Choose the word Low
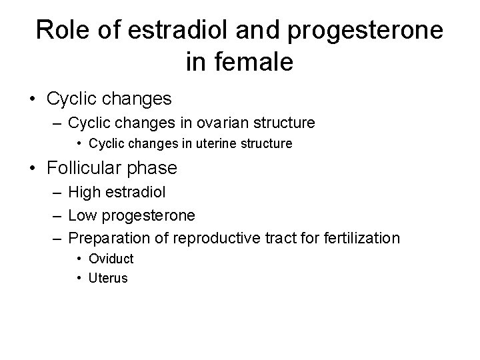pos(82,215)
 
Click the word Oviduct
pos(111,259)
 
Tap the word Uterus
pos(108,278)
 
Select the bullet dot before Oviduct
pos(79,259)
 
